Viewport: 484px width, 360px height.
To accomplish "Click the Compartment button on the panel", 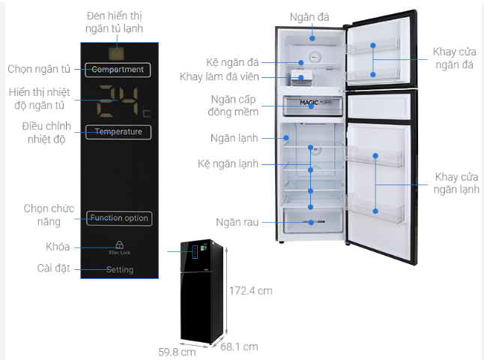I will pyautogui.click(x=118, y=70).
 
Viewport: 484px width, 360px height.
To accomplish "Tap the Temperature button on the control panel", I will pyautogui.click(x=118, y=132).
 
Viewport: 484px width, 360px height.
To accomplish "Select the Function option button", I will pyautogui.click(x=118, y=218).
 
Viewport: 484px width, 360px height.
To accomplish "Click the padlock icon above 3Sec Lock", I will pyautogui.click(x=118, y=245).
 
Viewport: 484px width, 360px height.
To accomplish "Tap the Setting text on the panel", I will pyautogui.click(x=119, y=270).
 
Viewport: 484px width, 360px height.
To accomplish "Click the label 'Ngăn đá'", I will pyautogui.click(x=312, y=16).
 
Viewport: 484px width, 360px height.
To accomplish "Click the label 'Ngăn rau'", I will pyautogui.click(x=235, y=223).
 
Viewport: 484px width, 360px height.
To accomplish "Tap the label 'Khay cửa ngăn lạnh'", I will pyautogui.click(x=457, y=184).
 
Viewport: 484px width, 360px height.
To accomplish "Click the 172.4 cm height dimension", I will pyautogui.click(x=250, y=289).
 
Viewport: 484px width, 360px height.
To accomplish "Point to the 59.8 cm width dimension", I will pyautogui.click(x=178, y=350).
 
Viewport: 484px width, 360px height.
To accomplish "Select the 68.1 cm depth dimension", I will pyautogui.click(x=240, y=346).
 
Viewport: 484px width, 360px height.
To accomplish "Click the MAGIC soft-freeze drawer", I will pyautogui.click(x=312, y=106).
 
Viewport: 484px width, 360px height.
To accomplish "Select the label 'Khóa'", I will pyautogui.click(x=58, y=247).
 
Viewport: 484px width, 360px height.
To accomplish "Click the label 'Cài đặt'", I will pyautogui.click(x=54, y=268).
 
